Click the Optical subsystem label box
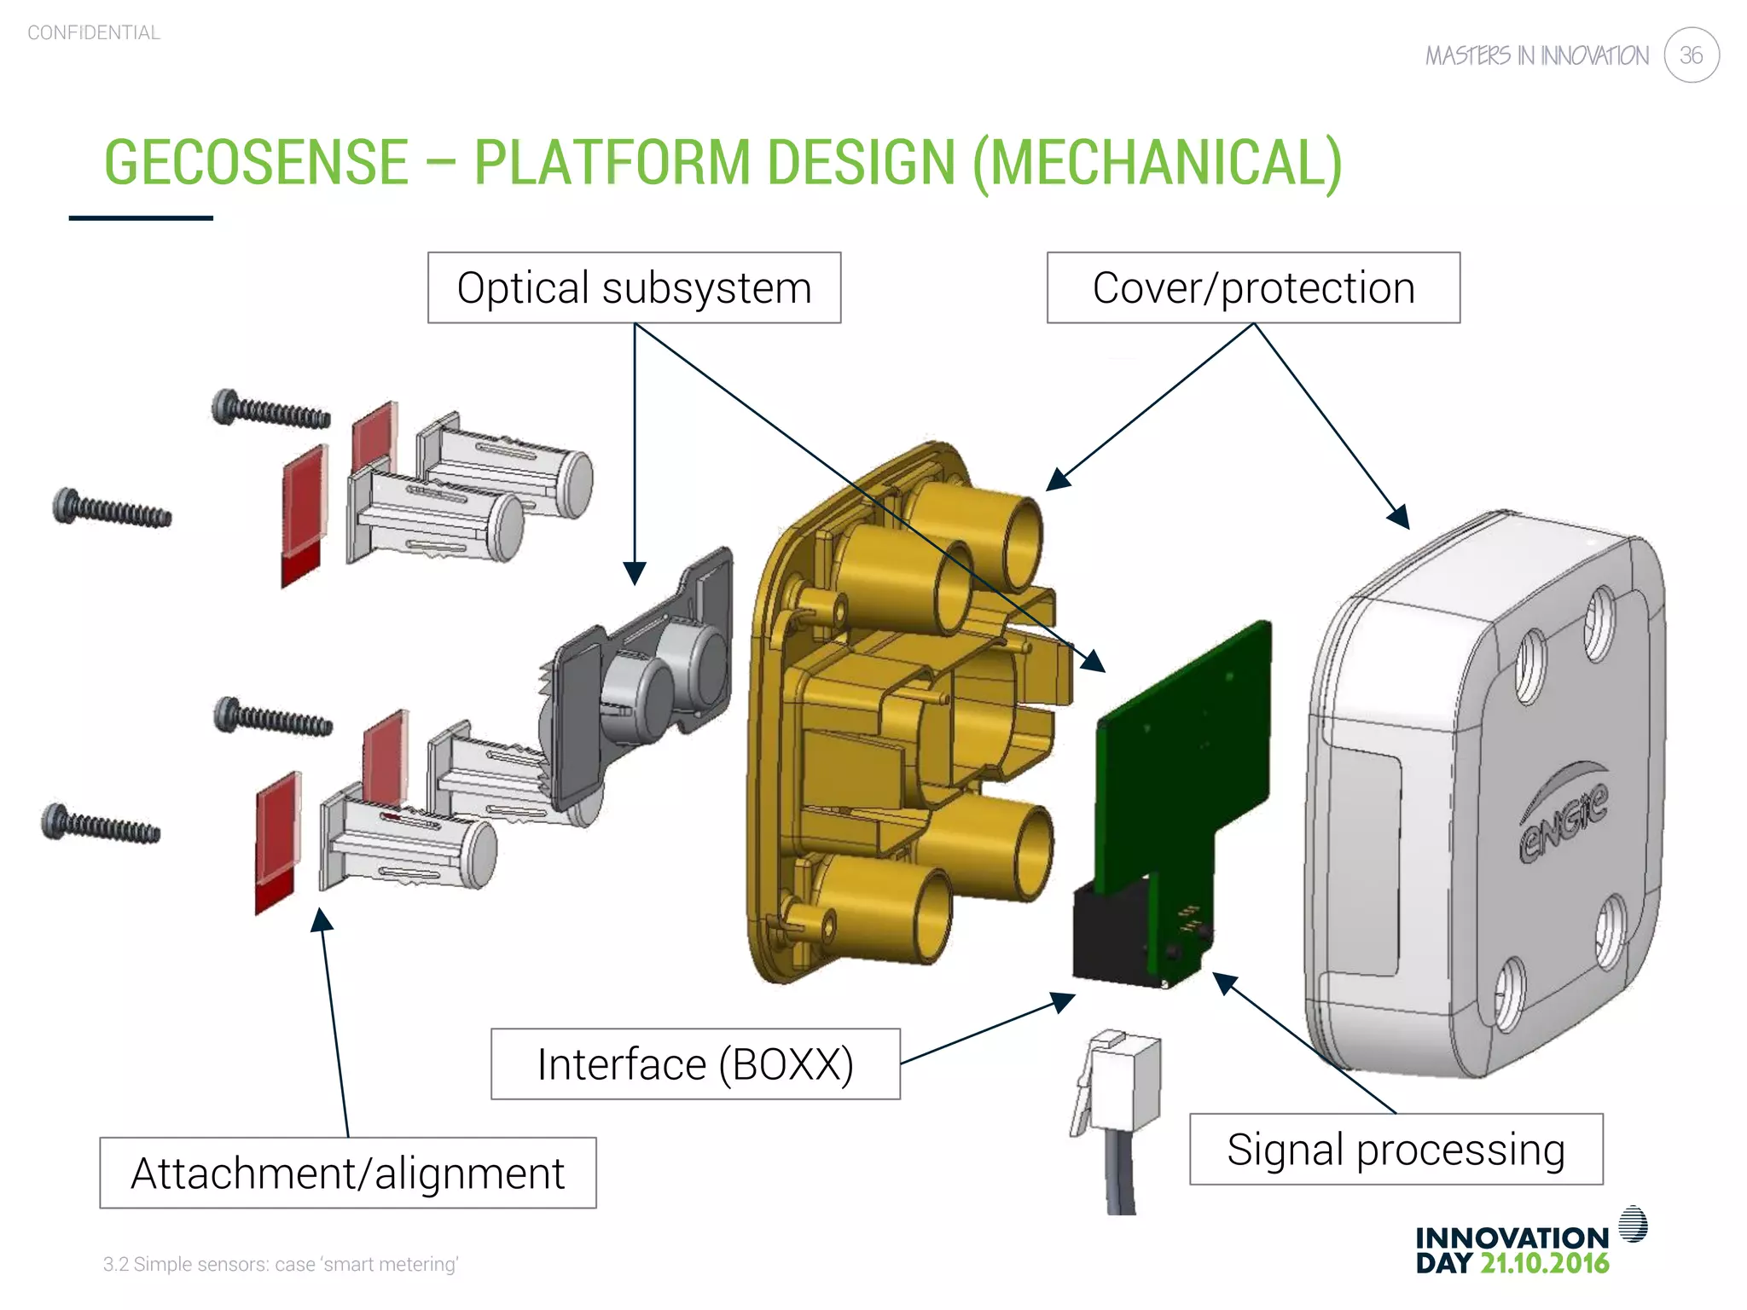(x=634, y=287)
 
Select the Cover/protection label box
(x=1253, y=287)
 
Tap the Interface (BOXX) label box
(x=695, y=1064)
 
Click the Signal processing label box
(x=1396, y=1149)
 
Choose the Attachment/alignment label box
(x=347, y=1173)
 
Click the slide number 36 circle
(x=1691, y=55)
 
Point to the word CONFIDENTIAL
(x=94, y=32)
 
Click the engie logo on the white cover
(x=1564, y=819)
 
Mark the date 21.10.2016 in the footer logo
(x=1544, y=1263)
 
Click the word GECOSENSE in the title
(x=256, y=162)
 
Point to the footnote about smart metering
(x=281, y=1264)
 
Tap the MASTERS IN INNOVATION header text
(x=1536, y=56)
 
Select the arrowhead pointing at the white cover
(x=1398, y=517)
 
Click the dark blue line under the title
(x=141, y=218)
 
